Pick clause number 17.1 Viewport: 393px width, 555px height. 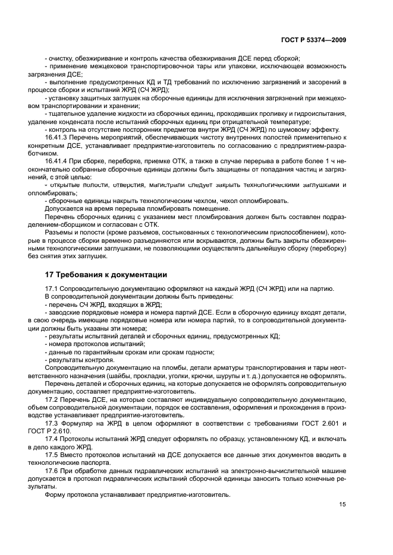[52, 288]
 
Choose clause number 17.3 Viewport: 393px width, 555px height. [52, 423]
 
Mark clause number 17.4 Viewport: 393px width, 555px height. [52, 438]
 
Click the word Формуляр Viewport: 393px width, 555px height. [80, 423]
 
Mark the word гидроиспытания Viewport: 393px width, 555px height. [321, 113]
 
